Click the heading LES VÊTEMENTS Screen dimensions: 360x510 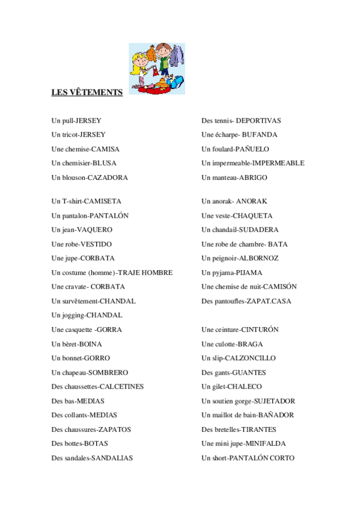(x=87, y=92)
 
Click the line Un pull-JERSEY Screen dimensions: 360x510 (x=76, y=120)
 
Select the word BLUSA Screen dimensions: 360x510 (x=105, y=163)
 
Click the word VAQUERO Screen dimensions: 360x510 (x=96, y=230)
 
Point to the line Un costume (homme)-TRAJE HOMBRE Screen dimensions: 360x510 (x=112, y=272)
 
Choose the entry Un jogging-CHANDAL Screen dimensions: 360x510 (x=87, y=315)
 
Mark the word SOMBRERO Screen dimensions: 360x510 (x=108, y=372)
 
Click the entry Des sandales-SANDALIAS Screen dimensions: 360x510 (x=92, y=458)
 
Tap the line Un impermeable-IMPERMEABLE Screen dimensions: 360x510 (x=253, y=163)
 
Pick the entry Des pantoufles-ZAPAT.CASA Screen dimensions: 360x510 (x=246, y=301)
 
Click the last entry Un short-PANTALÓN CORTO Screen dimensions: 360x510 (x=248, y=458)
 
